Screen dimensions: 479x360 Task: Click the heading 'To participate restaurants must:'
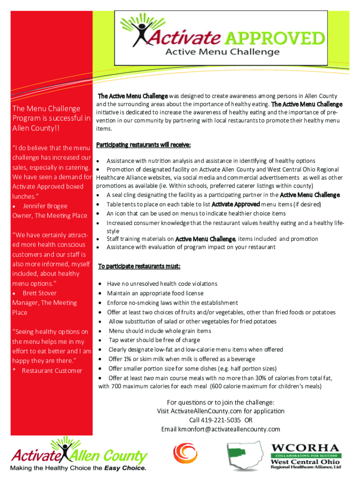pos(139,267)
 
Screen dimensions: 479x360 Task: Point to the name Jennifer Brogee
pos(45,206)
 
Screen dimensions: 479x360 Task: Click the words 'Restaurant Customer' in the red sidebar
pos(52,371)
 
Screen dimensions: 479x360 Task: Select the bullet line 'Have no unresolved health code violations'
pos(162,284)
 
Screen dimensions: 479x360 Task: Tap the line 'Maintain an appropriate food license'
pos(155,293)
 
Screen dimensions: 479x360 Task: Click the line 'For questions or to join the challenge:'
pos(221,402)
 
